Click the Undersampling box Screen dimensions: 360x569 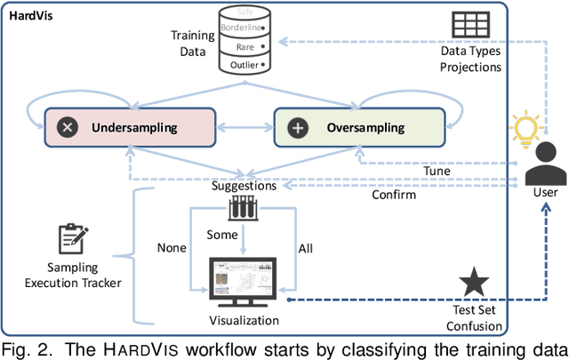pos(134,128)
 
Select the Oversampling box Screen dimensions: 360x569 pos(365,128)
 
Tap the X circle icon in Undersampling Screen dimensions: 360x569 pos(67,128)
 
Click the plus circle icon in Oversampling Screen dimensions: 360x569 pos(298,128)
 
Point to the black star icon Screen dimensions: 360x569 pos(472,283)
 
